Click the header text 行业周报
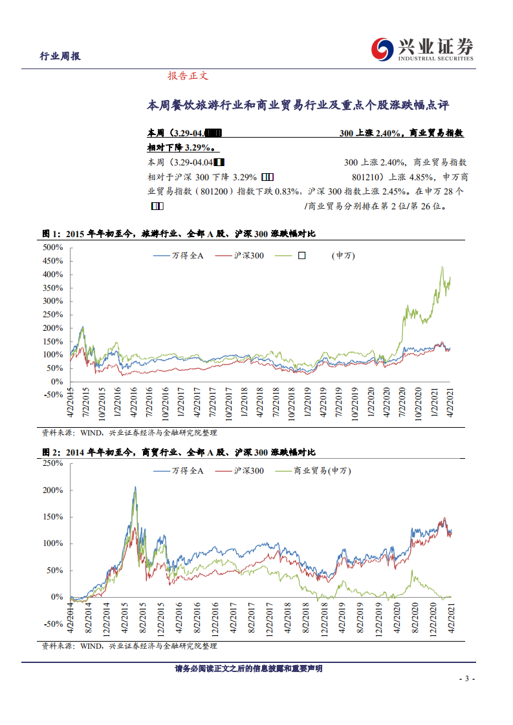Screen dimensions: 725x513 click(x=60, y=56)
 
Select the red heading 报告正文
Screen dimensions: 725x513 click(x=188, y=76)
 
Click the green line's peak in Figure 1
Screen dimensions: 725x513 click(x=442, y=266)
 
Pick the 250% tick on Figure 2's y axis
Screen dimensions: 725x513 click(x=52, y=463)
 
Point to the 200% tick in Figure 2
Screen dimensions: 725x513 click(x=52, y=490)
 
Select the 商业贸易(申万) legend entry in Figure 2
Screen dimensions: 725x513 click(x=322, y=471)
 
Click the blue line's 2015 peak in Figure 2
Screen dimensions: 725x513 click(x=135, y=487)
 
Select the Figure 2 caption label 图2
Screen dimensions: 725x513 click(x=50, y=452)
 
